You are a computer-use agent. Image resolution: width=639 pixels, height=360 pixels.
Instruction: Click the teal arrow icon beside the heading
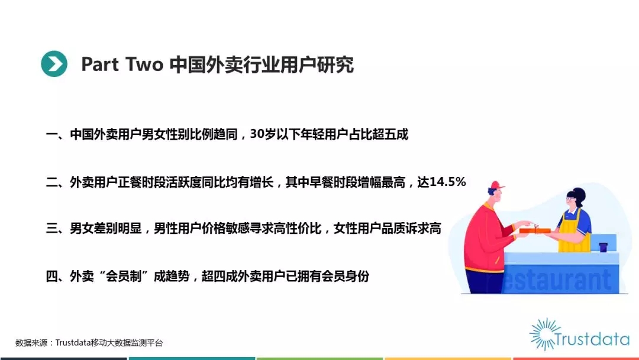tap(54, 63)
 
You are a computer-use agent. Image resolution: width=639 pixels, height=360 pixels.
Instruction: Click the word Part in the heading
tap(100, 65)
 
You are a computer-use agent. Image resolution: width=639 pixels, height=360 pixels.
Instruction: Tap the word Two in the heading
tap(144, 65)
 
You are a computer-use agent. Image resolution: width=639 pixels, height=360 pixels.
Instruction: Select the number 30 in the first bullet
tap(257, 134)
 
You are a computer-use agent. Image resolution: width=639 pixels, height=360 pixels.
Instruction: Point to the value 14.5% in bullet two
tap(447, 182)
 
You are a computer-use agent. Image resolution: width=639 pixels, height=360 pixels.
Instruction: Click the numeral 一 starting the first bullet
tap(51, 134)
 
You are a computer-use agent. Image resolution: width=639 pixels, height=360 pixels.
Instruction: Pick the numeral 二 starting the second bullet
tap(51, 182)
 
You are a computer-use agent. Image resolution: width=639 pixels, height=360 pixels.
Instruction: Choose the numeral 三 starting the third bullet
tap(51, 229)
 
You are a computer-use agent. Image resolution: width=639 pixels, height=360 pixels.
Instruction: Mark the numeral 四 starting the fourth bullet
tap(51, 277)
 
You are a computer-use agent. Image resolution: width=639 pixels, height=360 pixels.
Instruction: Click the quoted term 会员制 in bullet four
tap(124, 277)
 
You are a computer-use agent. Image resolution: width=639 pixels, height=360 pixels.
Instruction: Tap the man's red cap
tap(496, 186)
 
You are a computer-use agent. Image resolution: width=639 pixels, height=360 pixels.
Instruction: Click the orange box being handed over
tap(535, 230)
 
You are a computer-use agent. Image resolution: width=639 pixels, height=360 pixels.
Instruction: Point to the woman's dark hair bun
tap(579, 194)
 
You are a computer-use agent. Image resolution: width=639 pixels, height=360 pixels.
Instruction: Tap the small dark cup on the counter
tap(603, 247)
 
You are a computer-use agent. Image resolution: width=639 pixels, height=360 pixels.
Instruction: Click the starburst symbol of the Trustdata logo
tap(543, 335)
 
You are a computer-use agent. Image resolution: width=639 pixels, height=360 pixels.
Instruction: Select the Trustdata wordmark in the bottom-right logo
tap(592, 339)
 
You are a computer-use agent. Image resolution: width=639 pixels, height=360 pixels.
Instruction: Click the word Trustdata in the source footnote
tap(73, 343)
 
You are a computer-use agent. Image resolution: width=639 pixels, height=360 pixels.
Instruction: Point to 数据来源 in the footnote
tap(31, 343)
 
